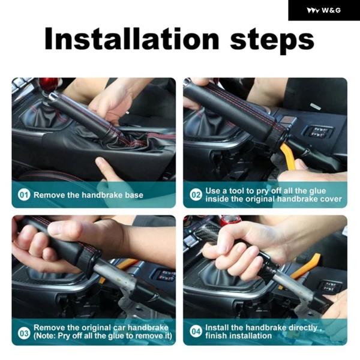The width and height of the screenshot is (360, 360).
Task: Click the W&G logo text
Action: click(331, 10)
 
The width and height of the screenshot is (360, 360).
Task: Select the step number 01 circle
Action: click(24, 195)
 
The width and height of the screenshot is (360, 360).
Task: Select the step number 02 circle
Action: click(196, 195)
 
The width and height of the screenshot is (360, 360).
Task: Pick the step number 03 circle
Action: click(24, 333)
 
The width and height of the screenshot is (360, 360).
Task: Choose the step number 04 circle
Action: click(196, 331)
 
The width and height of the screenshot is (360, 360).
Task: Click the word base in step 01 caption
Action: click(134, 195)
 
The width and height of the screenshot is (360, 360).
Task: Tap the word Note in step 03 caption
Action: click(46, 336)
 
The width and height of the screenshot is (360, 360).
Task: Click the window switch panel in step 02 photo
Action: click(318, 133)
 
